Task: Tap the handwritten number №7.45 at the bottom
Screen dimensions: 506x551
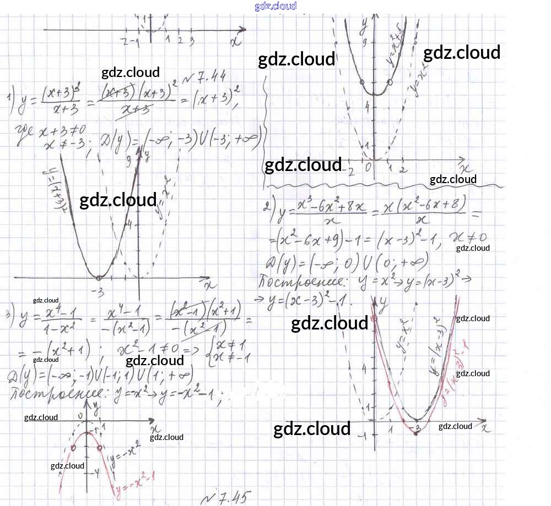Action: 226,498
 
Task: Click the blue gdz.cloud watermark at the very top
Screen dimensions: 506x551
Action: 275,6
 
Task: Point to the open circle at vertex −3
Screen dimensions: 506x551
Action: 99,277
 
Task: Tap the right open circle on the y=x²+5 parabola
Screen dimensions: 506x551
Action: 390,82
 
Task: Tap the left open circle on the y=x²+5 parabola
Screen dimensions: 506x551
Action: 361,82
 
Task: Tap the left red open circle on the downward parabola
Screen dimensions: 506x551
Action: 73,448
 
